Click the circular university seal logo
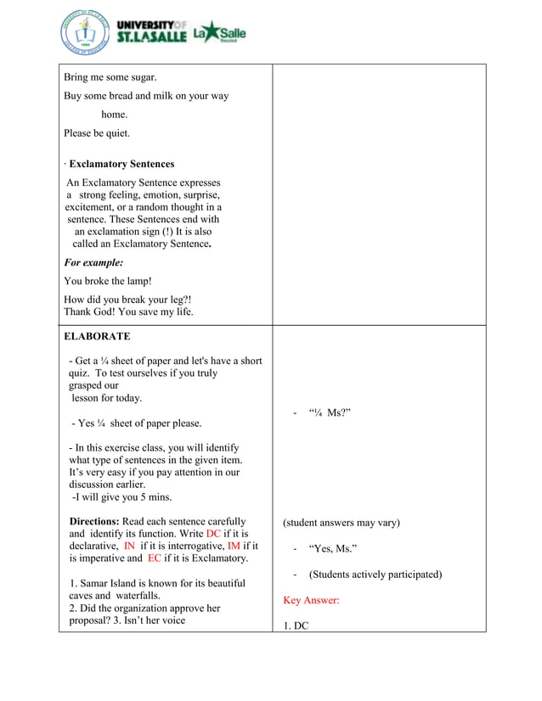click(x=85, y=34)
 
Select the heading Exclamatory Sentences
click(x=121, y=165)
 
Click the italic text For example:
click(x=93, y=263)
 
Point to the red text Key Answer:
click(x=311, y=600)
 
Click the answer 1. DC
click(x=296, y=626)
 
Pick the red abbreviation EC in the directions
click(x=155, y=558)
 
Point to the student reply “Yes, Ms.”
click(x=333, y=549)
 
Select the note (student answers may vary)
click(x=341, y=523)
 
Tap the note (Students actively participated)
click(x=375, y=575)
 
